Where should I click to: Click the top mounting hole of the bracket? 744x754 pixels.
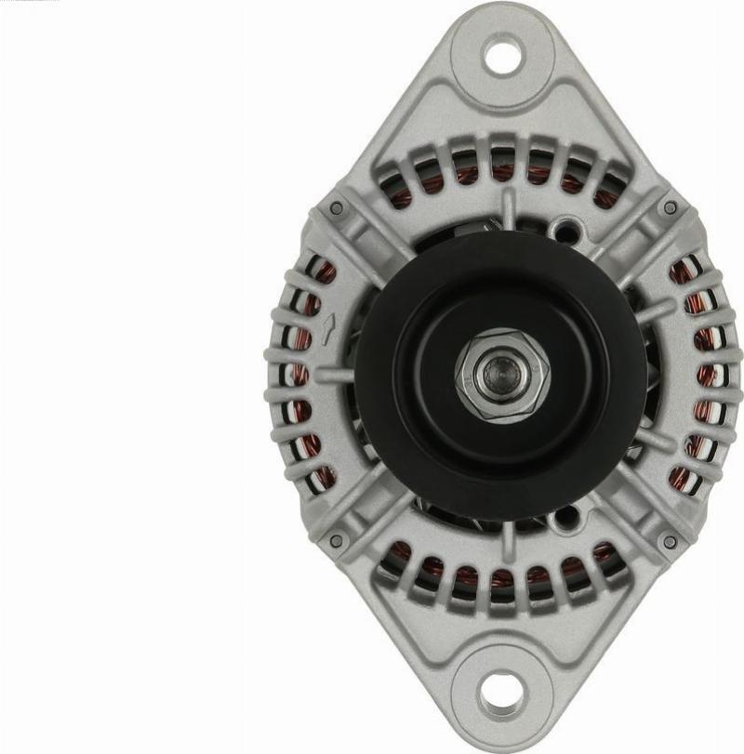[x=503, y=55]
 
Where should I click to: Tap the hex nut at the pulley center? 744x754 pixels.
[x=502, y=375]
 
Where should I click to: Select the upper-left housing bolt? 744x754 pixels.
[x=337, y=208]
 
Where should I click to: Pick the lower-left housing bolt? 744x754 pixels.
[x=337, y=540]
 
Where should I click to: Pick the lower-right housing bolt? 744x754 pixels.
[x=670, y=540]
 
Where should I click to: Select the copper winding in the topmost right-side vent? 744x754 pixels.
[x=683, y=271]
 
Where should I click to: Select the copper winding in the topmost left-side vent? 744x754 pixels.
[x=324, y=272]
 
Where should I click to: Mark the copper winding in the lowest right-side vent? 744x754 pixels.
[x=683, y=480]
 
